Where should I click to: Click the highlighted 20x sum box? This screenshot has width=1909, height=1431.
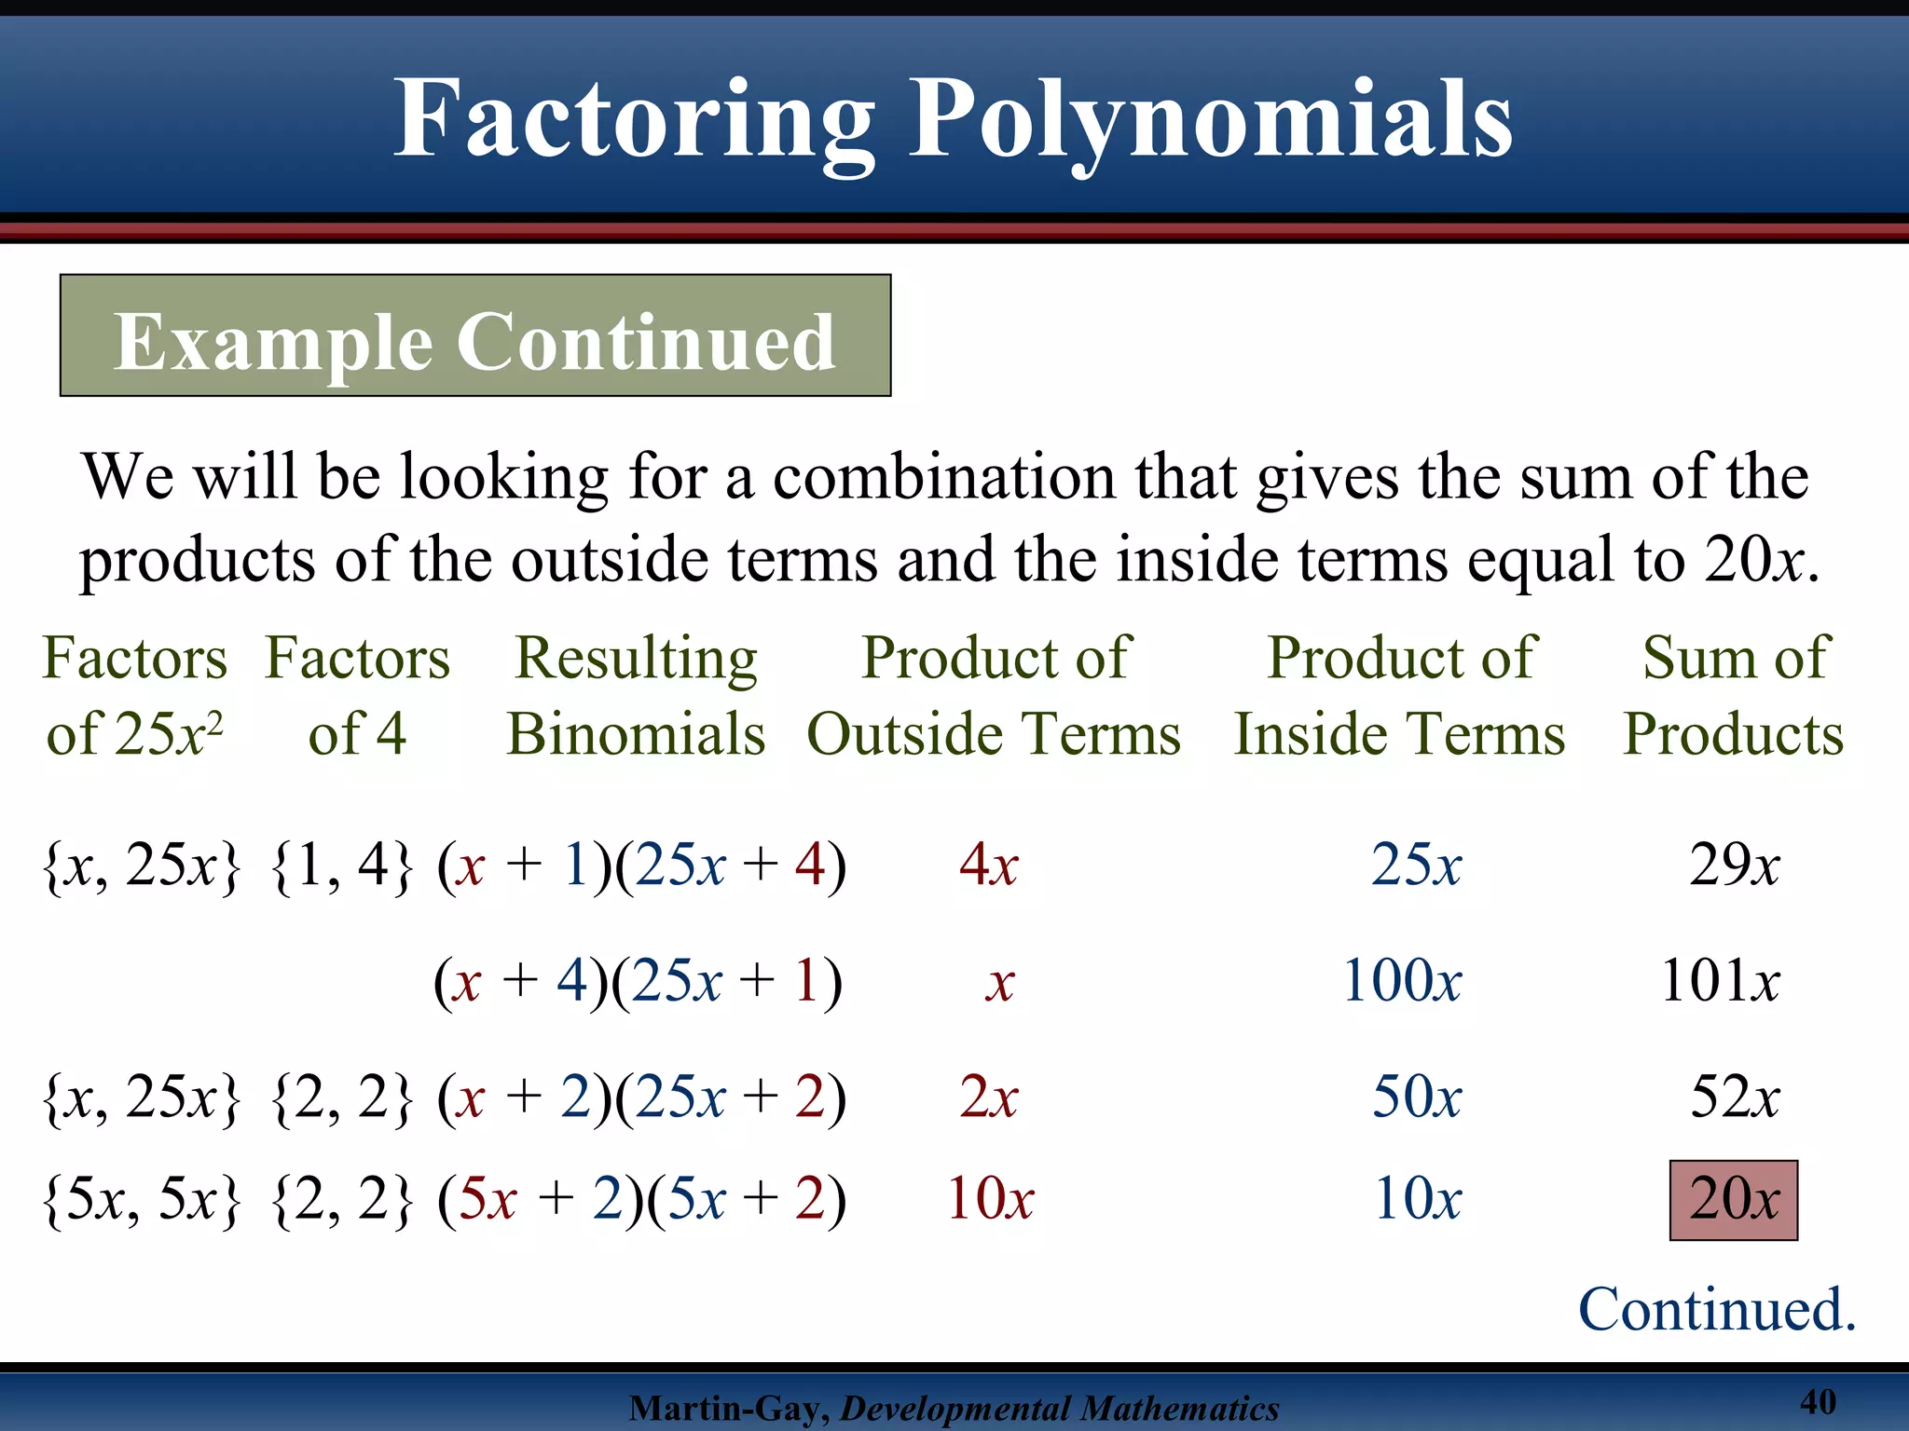(1733, 1199)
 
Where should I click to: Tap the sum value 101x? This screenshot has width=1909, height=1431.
(1720, 981)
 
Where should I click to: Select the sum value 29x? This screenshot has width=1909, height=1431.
(1734, 865)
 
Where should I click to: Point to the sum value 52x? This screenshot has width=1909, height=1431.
(1735, 1097)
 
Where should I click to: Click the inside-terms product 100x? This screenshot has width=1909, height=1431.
(1402, 981)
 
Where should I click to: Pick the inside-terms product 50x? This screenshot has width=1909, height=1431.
(1416, 1097)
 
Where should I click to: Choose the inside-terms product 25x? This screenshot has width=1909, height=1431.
(1416, 865)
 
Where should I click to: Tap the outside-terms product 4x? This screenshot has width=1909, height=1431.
(988, 865)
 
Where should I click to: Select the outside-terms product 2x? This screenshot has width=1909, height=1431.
(988, 1097)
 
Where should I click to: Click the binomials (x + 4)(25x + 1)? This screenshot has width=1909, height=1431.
(639, 981)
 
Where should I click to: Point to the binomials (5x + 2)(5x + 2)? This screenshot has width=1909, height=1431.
(642, 1199)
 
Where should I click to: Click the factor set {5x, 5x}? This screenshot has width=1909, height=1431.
(142, 1199)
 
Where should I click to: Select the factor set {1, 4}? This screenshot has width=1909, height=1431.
(341, 865)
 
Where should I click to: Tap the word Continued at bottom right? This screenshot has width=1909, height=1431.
(1716, 1309)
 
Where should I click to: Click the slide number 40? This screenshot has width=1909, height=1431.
(1818, 1401)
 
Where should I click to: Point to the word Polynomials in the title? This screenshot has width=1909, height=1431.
(1211, 119)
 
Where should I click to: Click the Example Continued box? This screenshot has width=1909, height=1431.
(475, 336)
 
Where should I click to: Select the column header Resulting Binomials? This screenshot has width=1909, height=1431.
(637, 695)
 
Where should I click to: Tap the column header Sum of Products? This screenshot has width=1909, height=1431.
(1734, 695)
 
